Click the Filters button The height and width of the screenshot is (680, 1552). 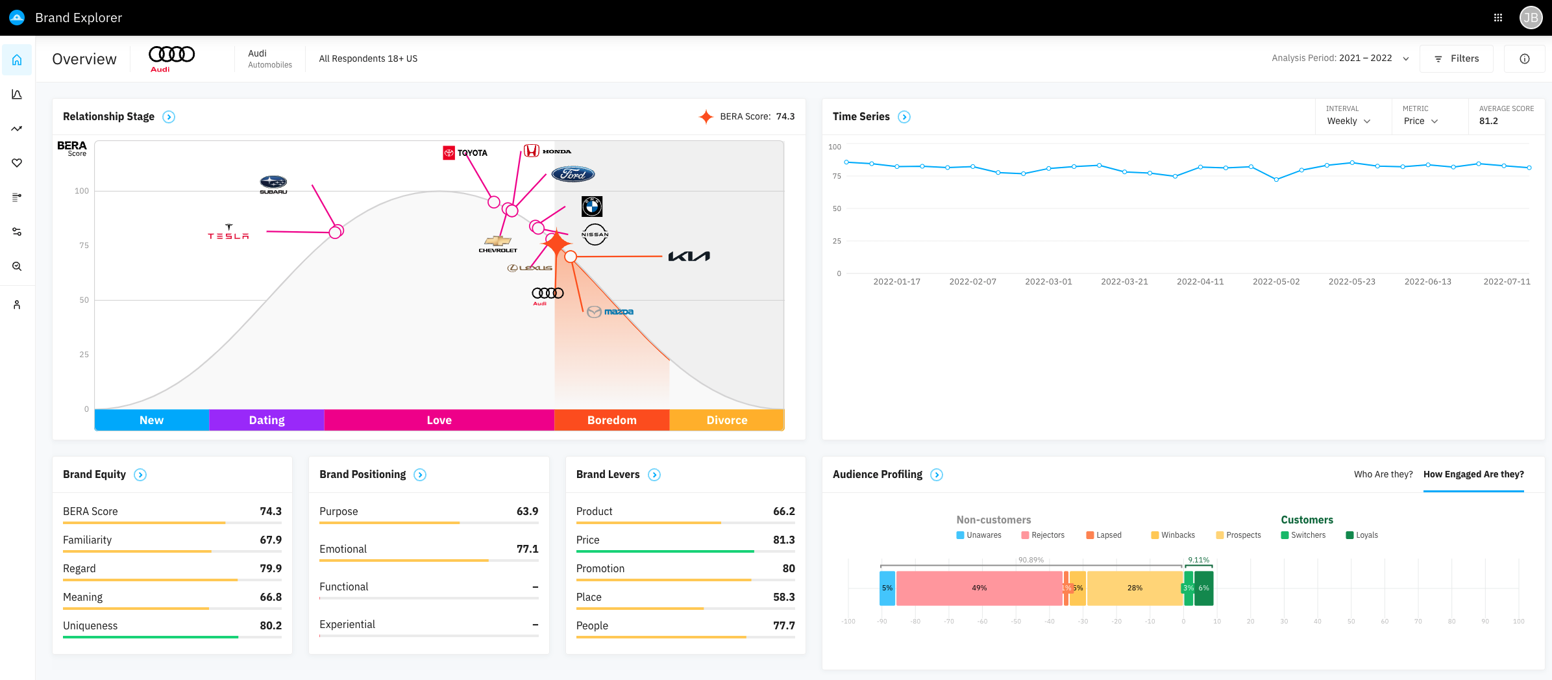[x=1456, y=58]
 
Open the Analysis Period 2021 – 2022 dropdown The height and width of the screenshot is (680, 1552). [x=1340, y=58]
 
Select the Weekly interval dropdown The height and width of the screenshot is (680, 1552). [x=1348, y=121]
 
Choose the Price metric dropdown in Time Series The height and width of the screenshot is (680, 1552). [x=1420, y=121]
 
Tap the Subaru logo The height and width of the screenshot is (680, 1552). [x=273, y=184]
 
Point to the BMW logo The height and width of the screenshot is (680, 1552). [x=592, y=207]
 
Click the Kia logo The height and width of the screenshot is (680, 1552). [x=689, y=257]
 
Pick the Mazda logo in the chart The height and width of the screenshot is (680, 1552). [x=610, y=312]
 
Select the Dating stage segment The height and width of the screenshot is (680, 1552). [x=267, y=420]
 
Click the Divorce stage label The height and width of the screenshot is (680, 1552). [x=726, y=420]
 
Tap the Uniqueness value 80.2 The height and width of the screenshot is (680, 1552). [x=271, y=625]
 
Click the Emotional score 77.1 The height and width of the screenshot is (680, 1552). [x=527, y=549]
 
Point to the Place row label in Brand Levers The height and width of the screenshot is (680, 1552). [x=589, y=597]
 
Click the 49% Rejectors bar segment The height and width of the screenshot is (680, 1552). [x=979, y=588]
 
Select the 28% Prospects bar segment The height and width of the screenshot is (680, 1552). [x=1135, y=588]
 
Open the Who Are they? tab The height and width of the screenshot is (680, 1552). [x=1383, y=474]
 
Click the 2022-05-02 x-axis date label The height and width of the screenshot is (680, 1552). [x=1276, y=282]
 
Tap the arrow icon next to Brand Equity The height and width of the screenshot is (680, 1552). [x=140, y=475]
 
